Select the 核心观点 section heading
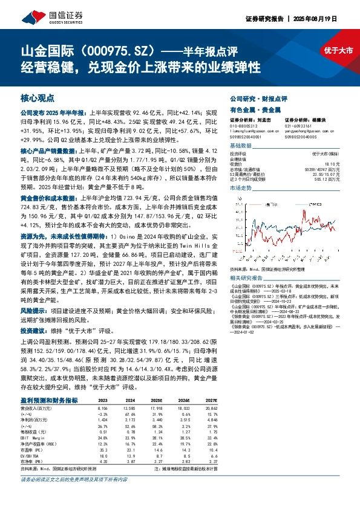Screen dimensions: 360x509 point(38,97)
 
